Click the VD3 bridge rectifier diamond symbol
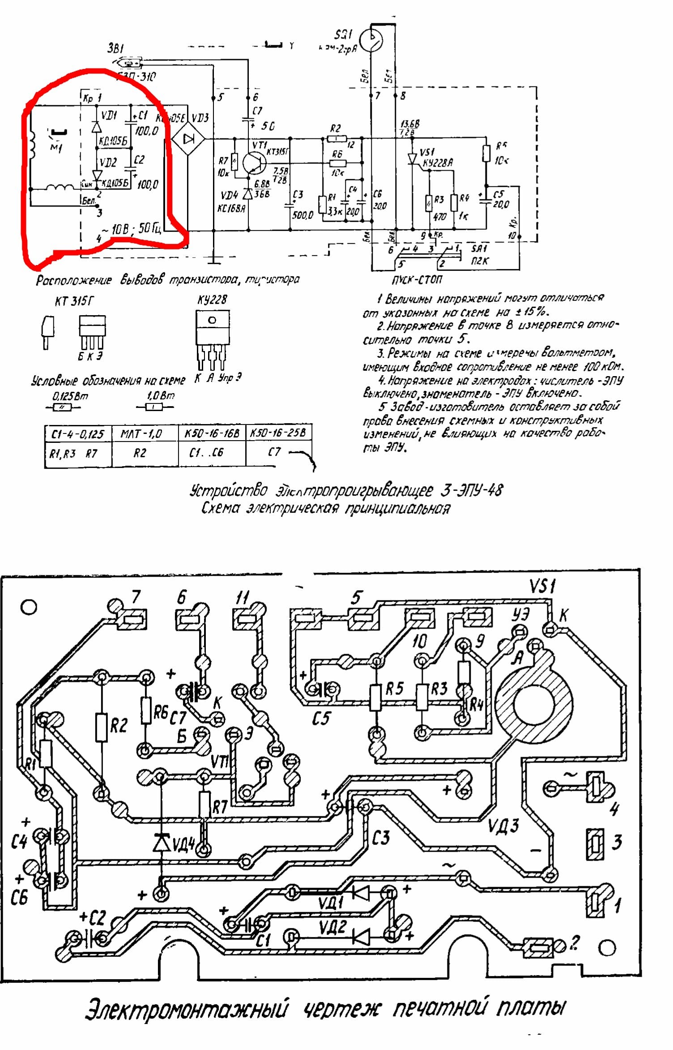(188, 139)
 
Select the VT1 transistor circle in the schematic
(255, 163)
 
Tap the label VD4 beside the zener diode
(230, 196)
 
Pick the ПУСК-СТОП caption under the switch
(417, 280)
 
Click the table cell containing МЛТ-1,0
(141, 433)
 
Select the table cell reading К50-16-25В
(278, 433)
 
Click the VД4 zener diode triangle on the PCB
(162, 842)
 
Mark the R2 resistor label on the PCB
(119, 725)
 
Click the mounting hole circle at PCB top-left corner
(29, 608)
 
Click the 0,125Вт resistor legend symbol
(63, 407)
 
